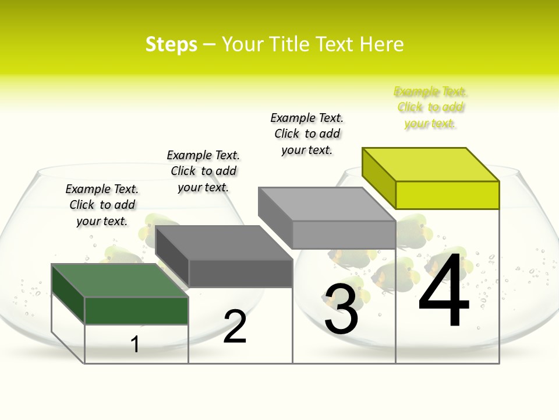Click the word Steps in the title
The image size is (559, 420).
coord(171,44)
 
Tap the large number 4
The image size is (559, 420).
coord(444,290)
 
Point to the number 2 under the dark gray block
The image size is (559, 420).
coord(235,327)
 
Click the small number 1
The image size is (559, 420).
coord(135,344)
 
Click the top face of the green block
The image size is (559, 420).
coord(120,281)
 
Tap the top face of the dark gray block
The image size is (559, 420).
coord(224,243)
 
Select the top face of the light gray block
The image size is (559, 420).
coord(327,204)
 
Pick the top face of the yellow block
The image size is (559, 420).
coord(430,164)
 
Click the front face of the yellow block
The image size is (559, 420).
coord(447,195)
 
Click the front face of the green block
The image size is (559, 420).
coord(136,310)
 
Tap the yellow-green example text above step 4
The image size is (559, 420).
coord(430,107)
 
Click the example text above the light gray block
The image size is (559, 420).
coord(307,134)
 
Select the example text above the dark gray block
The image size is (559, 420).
coord(203,171)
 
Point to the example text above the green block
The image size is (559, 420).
coord(102,205)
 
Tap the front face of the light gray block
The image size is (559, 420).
coord(344,235)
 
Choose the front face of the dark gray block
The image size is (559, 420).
coord(240,273)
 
